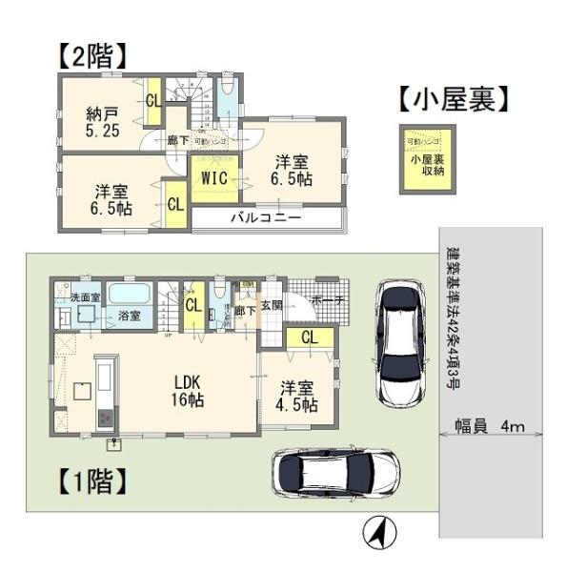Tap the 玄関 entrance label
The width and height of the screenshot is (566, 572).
(272, 306)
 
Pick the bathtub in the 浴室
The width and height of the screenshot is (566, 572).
(128, 295)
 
